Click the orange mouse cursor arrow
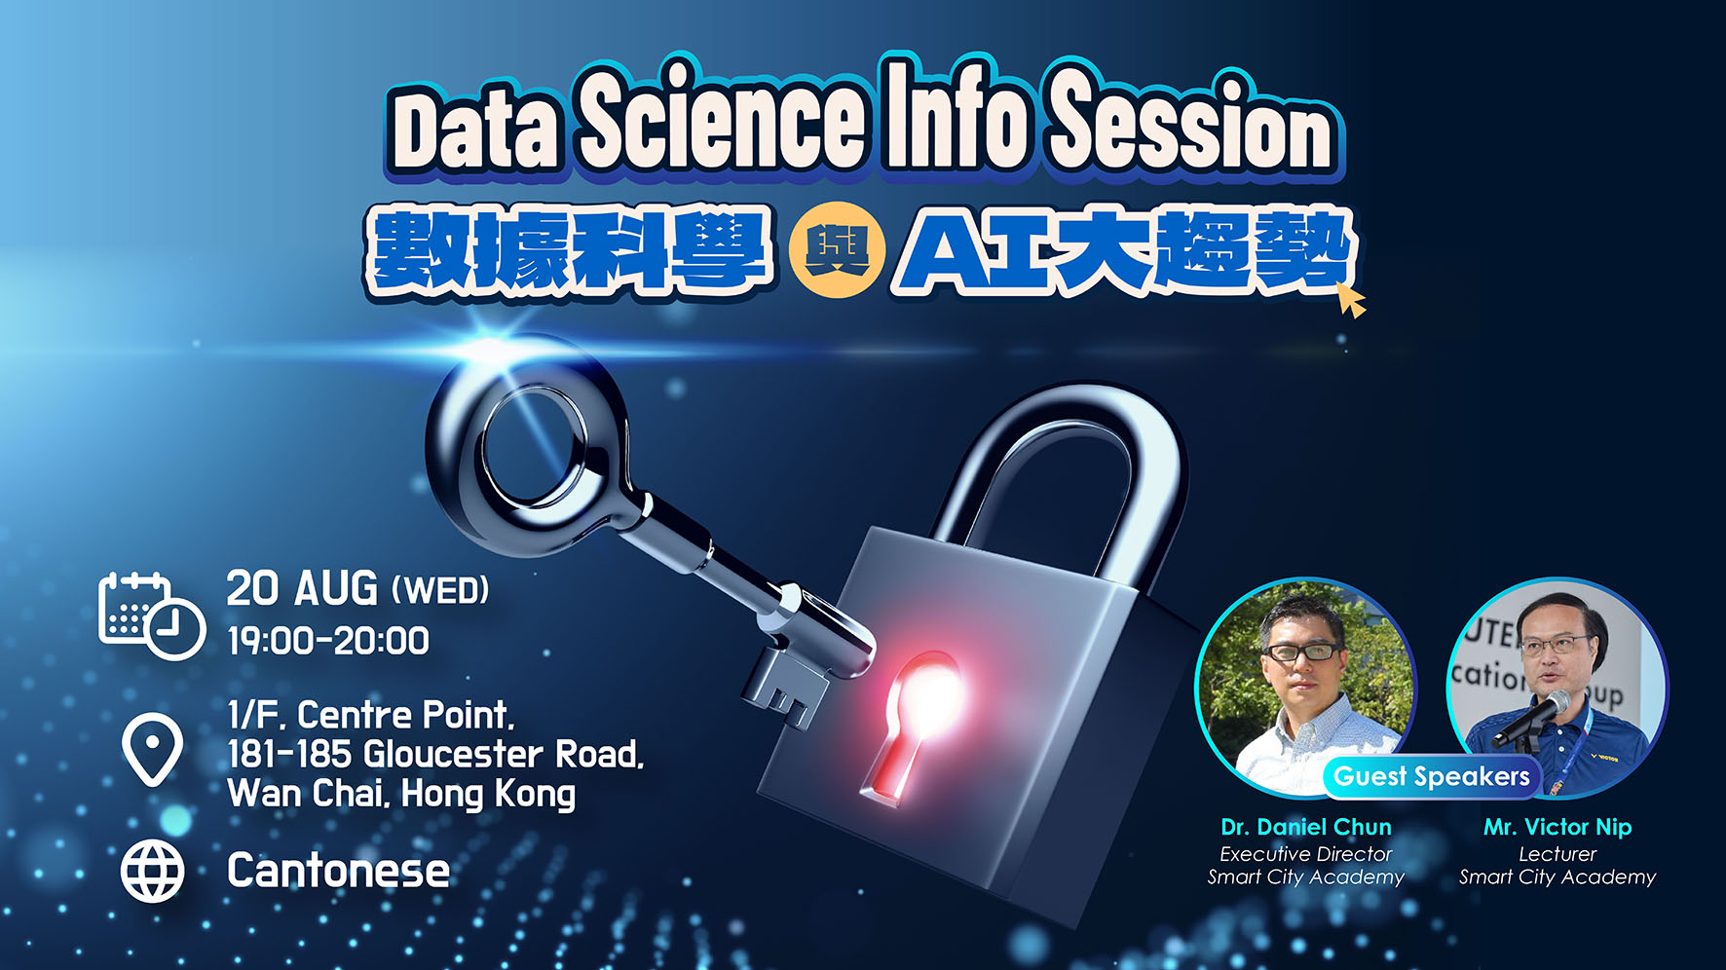click(x=1351, y=299)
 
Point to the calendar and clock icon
click(x=151, y=616)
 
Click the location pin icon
click(x=152, y=749)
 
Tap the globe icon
click(x=152, y=871)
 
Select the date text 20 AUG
click(x=302, y=588)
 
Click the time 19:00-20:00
click(x=328, y=641)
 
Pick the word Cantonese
click(x=338, y=871)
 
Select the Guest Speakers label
click(x=1432, y=776)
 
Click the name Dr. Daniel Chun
click(x=1306, y=827)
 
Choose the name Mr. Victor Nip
click(x=1557, y=827)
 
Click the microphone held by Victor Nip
click(x=1531, y=718)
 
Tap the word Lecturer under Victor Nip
click(x=1557, y=854)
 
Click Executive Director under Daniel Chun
click(x=1306, y=854)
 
